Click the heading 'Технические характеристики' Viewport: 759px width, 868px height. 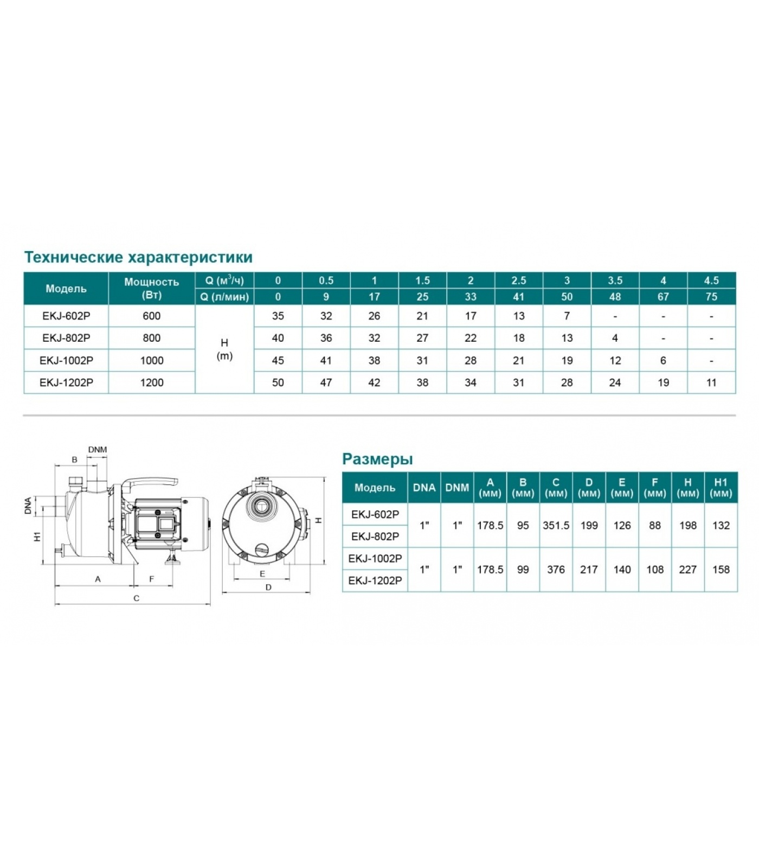[138, 257]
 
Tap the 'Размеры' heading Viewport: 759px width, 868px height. [377, 459]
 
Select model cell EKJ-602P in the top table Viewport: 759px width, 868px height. [66, 316]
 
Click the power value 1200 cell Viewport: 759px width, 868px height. [152, 382]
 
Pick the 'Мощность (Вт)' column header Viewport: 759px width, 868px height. [152, 288]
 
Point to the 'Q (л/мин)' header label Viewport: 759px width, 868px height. [224, 297]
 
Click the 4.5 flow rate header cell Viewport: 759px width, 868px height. [711, 280]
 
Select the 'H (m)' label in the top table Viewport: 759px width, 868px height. [224, 349]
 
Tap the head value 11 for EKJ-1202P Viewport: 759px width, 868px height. [711, 382]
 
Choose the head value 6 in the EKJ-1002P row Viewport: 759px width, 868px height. [663, 360]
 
